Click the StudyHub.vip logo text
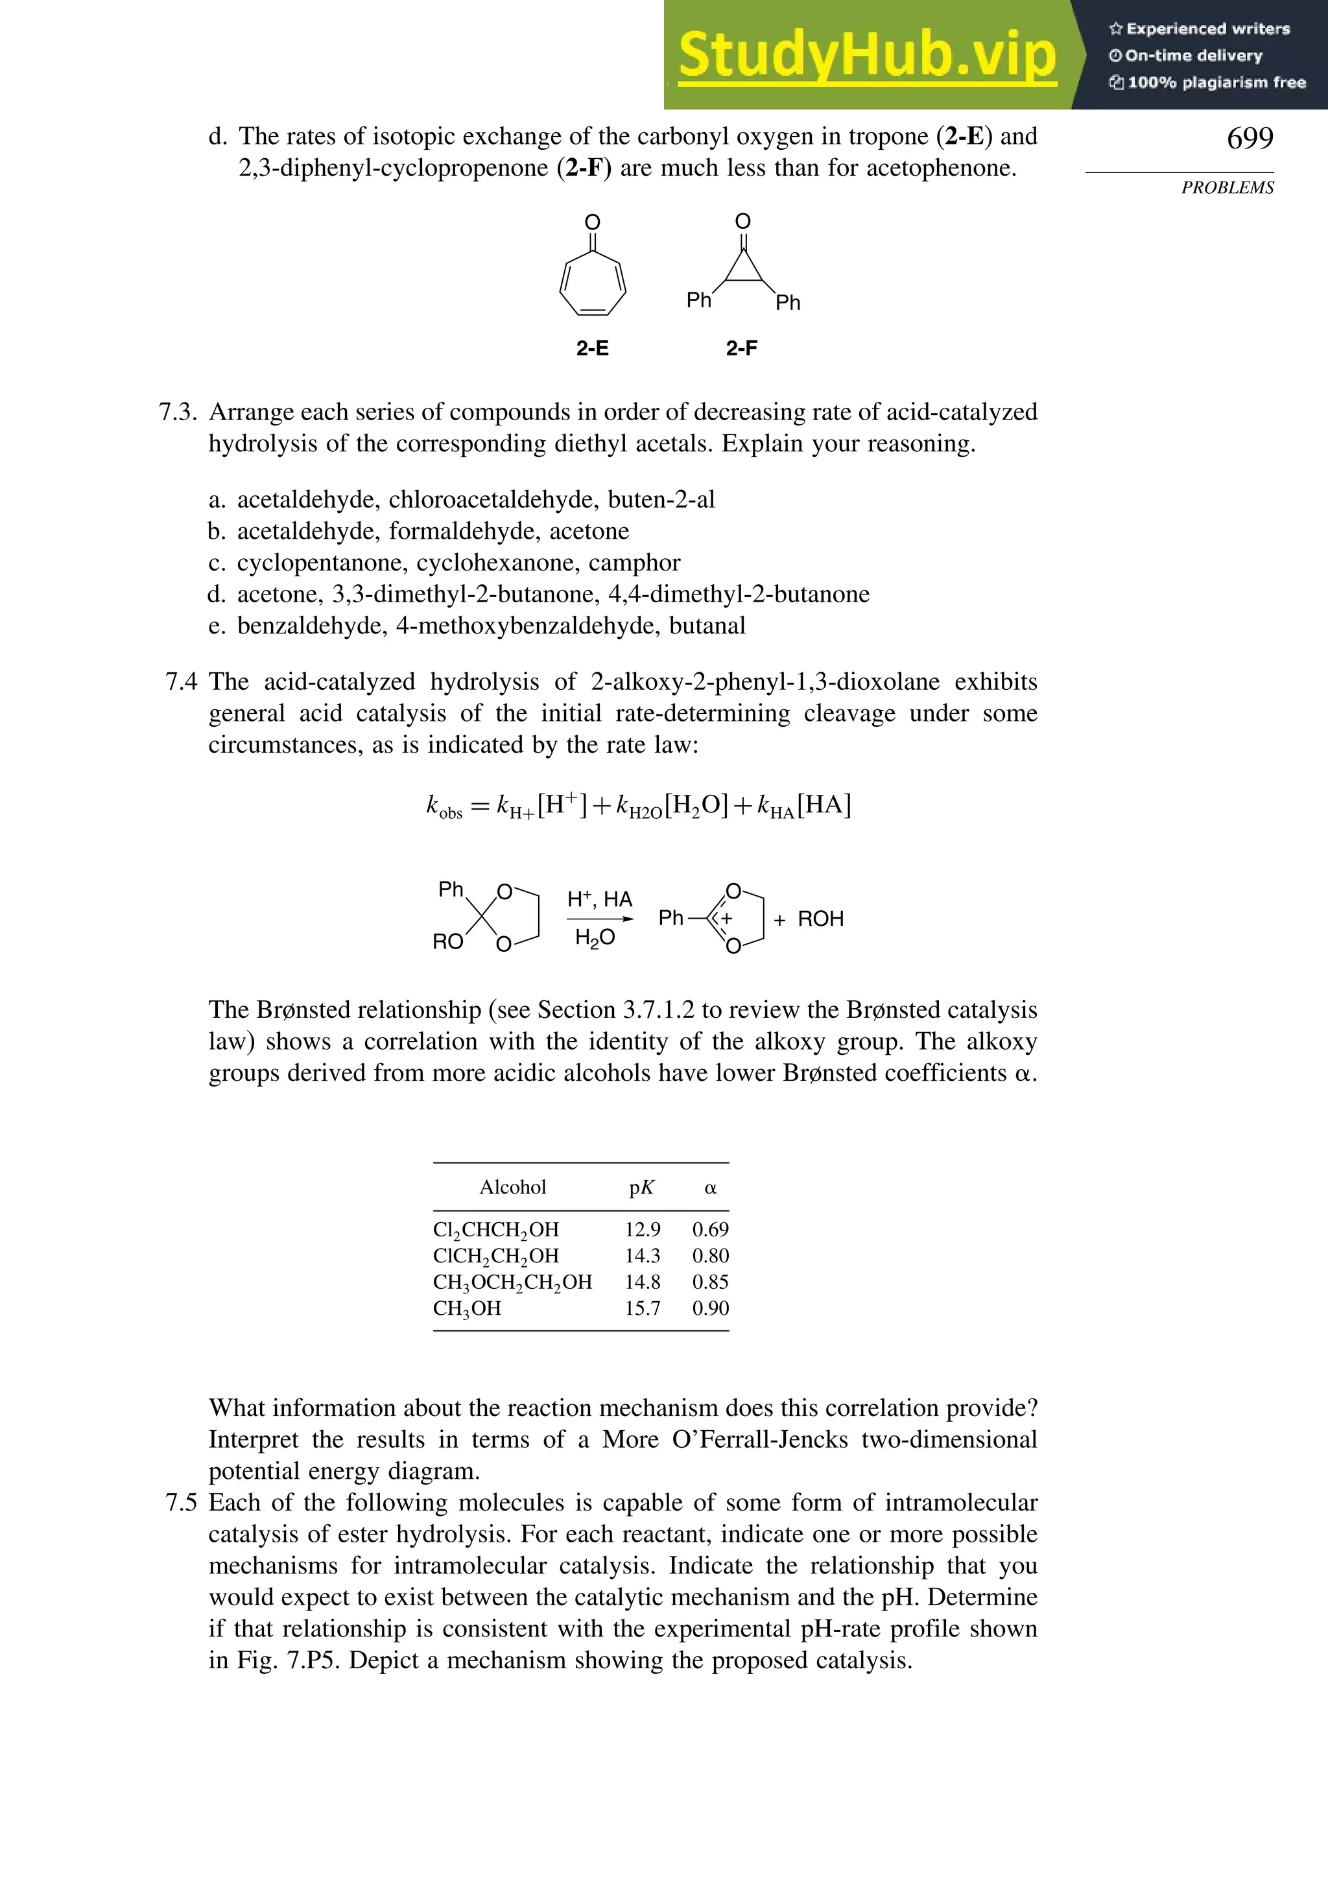pos(867,55)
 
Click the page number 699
pos(1250,138)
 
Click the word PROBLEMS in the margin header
pos(1227,187)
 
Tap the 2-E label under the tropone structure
pos(593,349)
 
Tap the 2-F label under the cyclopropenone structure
pos(741,349)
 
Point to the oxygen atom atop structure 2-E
pos(593,222)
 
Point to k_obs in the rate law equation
pos(444,807)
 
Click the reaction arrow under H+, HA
pos(600,919)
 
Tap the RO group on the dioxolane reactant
pos(448,942)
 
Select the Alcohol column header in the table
pos(512,1187)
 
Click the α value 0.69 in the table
pos(710,1229)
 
